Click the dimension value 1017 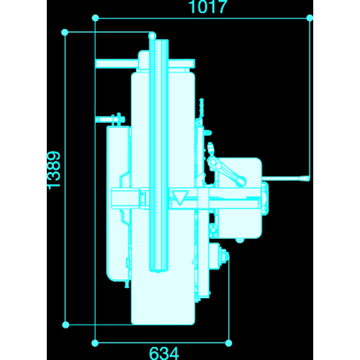(208, 6)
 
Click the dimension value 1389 (53, 170)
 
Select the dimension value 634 (164, 354)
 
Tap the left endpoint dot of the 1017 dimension (95, 18)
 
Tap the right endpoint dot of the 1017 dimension (310, 18)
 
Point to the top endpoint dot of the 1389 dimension (65, 32)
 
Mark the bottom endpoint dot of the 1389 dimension (66, 325)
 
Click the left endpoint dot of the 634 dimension (95, 343)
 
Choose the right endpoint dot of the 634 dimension (229, 343)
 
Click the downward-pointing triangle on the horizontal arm (181, 197)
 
